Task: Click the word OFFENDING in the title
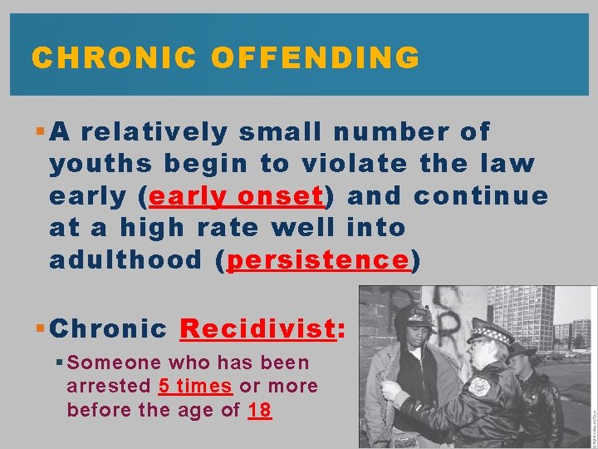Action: click(315, 57)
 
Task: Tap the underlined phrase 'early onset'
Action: click(235, 196)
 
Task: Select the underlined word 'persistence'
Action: click(318, 260)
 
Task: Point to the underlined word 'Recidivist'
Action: click(257, 328)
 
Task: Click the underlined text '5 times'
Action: click(196, 387)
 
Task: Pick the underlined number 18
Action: click(259, 410)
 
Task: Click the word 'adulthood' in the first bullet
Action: click(125, 260)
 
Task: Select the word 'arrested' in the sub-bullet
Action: click(110, 387)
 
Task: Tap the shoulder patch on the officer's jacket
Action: click(480, 386)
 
